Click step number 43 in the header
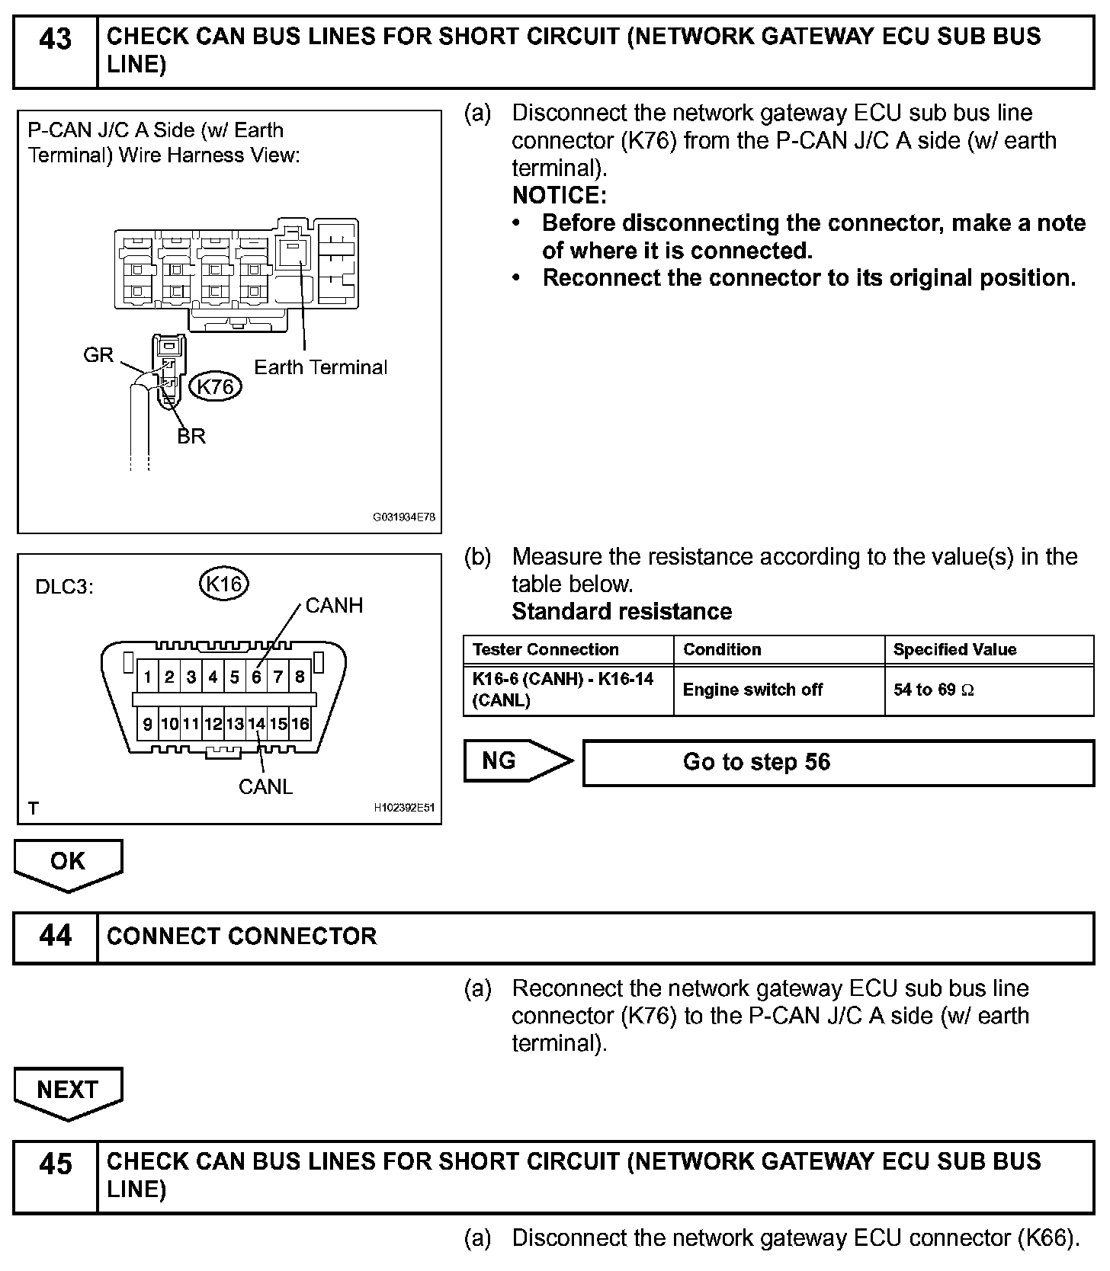(x=55, y=40)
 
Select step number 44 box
(x=55, y=936)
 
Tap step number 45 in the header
(x=55, y=1164)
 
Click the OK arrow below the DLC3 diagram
(x=68, y=863)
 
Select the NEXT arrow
(x=68, y=1091)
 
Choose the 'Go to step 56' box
(x=838, y=763)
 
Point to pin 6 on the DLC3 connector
(x=257, y=677)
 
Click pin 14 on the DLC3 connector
(x=256, y=724)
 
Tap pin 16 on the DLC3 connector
(x=300, y=724)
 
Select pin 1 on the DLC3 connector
(x=147, y=677)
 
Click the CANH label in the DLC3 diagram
(x=334, y=606)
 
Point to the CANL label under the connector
(x=265, y=786)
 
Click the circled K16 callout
(x=224, y=584)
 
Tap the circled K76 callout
(x=215, y=387)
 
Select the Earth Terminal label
(x=320, y=367)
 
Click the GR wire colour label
(x=98, y=354)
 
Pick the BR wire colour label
(x=191, y=436)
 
